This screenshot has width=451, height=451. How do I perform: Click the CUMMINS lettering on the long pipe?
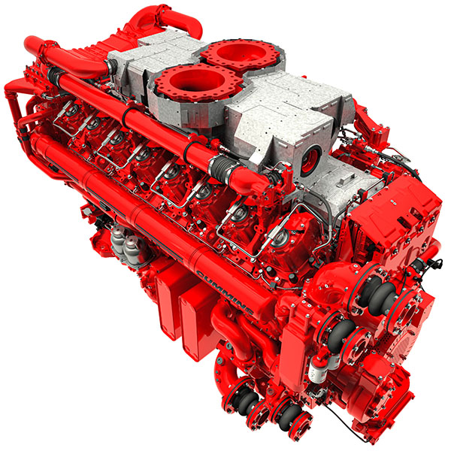pos(225,292)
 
